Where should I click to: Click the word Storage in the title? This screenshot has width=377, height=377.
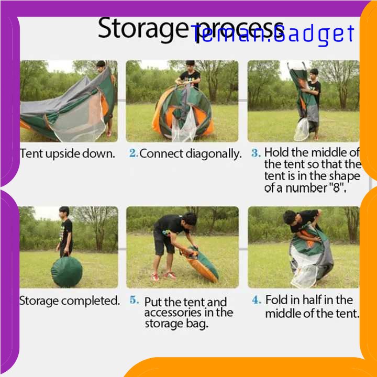click(138, 29)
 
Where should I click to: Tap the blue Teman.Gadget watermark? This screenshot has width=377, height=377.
click(272, 34)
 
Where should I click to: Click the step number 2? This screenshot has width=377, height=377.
click(134, 154)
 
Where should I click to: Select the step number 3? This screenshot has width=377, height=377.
click(256, 153)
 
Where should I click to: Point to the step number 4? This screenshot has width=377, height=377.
click(256, 301)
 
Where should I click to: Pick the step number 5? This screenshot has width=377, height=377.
click(135, 301)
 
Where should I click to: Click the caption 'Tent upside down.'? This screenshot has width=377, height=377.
click(67, 154)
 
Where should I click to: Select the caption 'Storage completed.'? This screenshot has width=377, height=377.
click(69, 301)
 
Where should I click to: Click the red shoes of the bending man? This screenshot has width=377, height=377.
click(162, 276)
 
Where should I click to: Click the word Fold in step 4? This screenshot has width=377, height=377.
click(276, 301)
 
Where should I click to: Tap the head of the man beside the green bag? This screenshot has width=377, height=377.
click(64, 212)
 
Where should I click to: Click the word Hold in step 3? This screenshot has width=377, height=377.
click(276, 153)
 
